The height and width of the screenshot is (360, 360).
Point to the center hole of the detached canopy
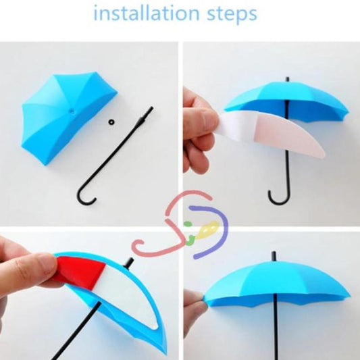70,108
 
